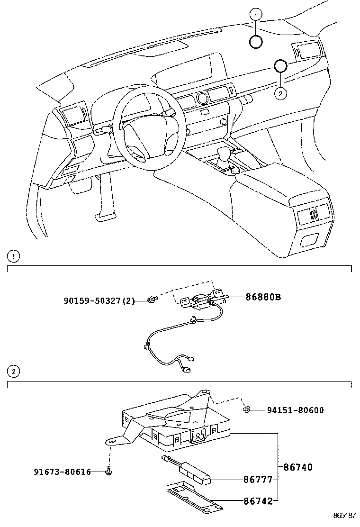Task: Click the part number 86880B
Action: click(263, 297)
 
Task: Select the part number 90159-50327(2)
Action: click(99, 300)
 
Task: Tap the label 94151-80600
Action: click(295, 410)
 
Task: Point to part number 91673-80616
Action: click(62, 472)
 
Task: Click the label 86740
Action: click(298, 467)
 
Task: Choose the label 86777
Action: click(258, 480)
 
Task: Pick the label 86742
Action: click(258, 501)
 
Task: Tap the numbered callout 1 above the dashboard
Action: click(256, 14)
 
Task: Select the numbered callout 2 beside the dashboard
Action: click(280, 93)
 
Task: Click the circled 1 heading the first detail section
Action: click(13, 257)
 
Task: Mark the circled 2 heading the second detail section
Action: click(13, 372)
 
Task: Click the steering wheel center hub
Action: click(150, 130)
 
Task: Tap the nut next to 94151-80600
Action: click(247, 409)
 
